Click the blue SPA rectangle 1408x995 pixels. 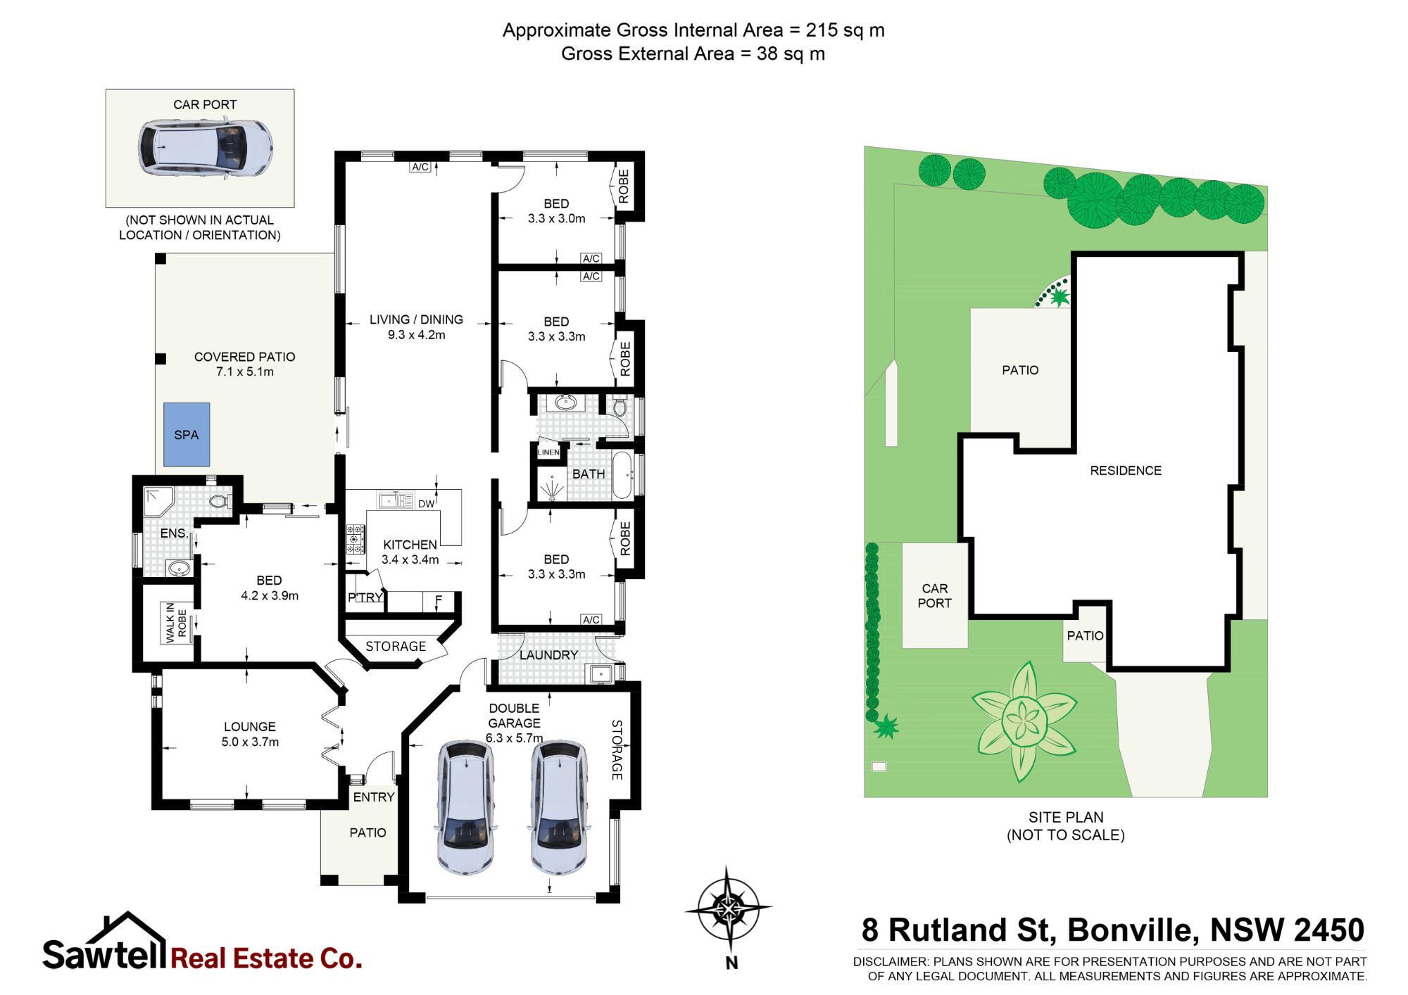click(187, 434)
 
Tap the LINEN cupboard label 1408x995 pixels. click(548, 452)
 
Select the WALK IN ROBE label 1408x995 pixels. click(176, 622)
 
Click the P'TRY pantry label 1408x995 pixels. click(365, 597)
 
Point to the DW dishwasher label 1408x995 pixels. click(426, 504)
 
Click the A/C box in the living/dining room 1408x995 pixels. click(420, 167)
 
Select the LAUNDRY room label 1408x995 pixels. click(548, 655)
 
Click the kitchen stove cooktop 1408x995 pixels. click(355, 538)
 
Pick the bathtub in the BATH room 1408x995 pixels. click(622, 476)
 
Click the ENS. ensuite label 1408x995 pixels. click(174, 533)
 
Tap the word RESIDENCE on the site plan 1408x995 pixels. click(1126, 471)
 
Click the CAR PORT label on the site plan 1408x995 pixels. click(934, 595)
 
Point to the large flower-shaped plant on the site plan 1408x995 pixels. click(1024, 722)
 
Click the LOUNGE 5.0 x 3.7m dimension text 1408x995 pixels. click(250, 742)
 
